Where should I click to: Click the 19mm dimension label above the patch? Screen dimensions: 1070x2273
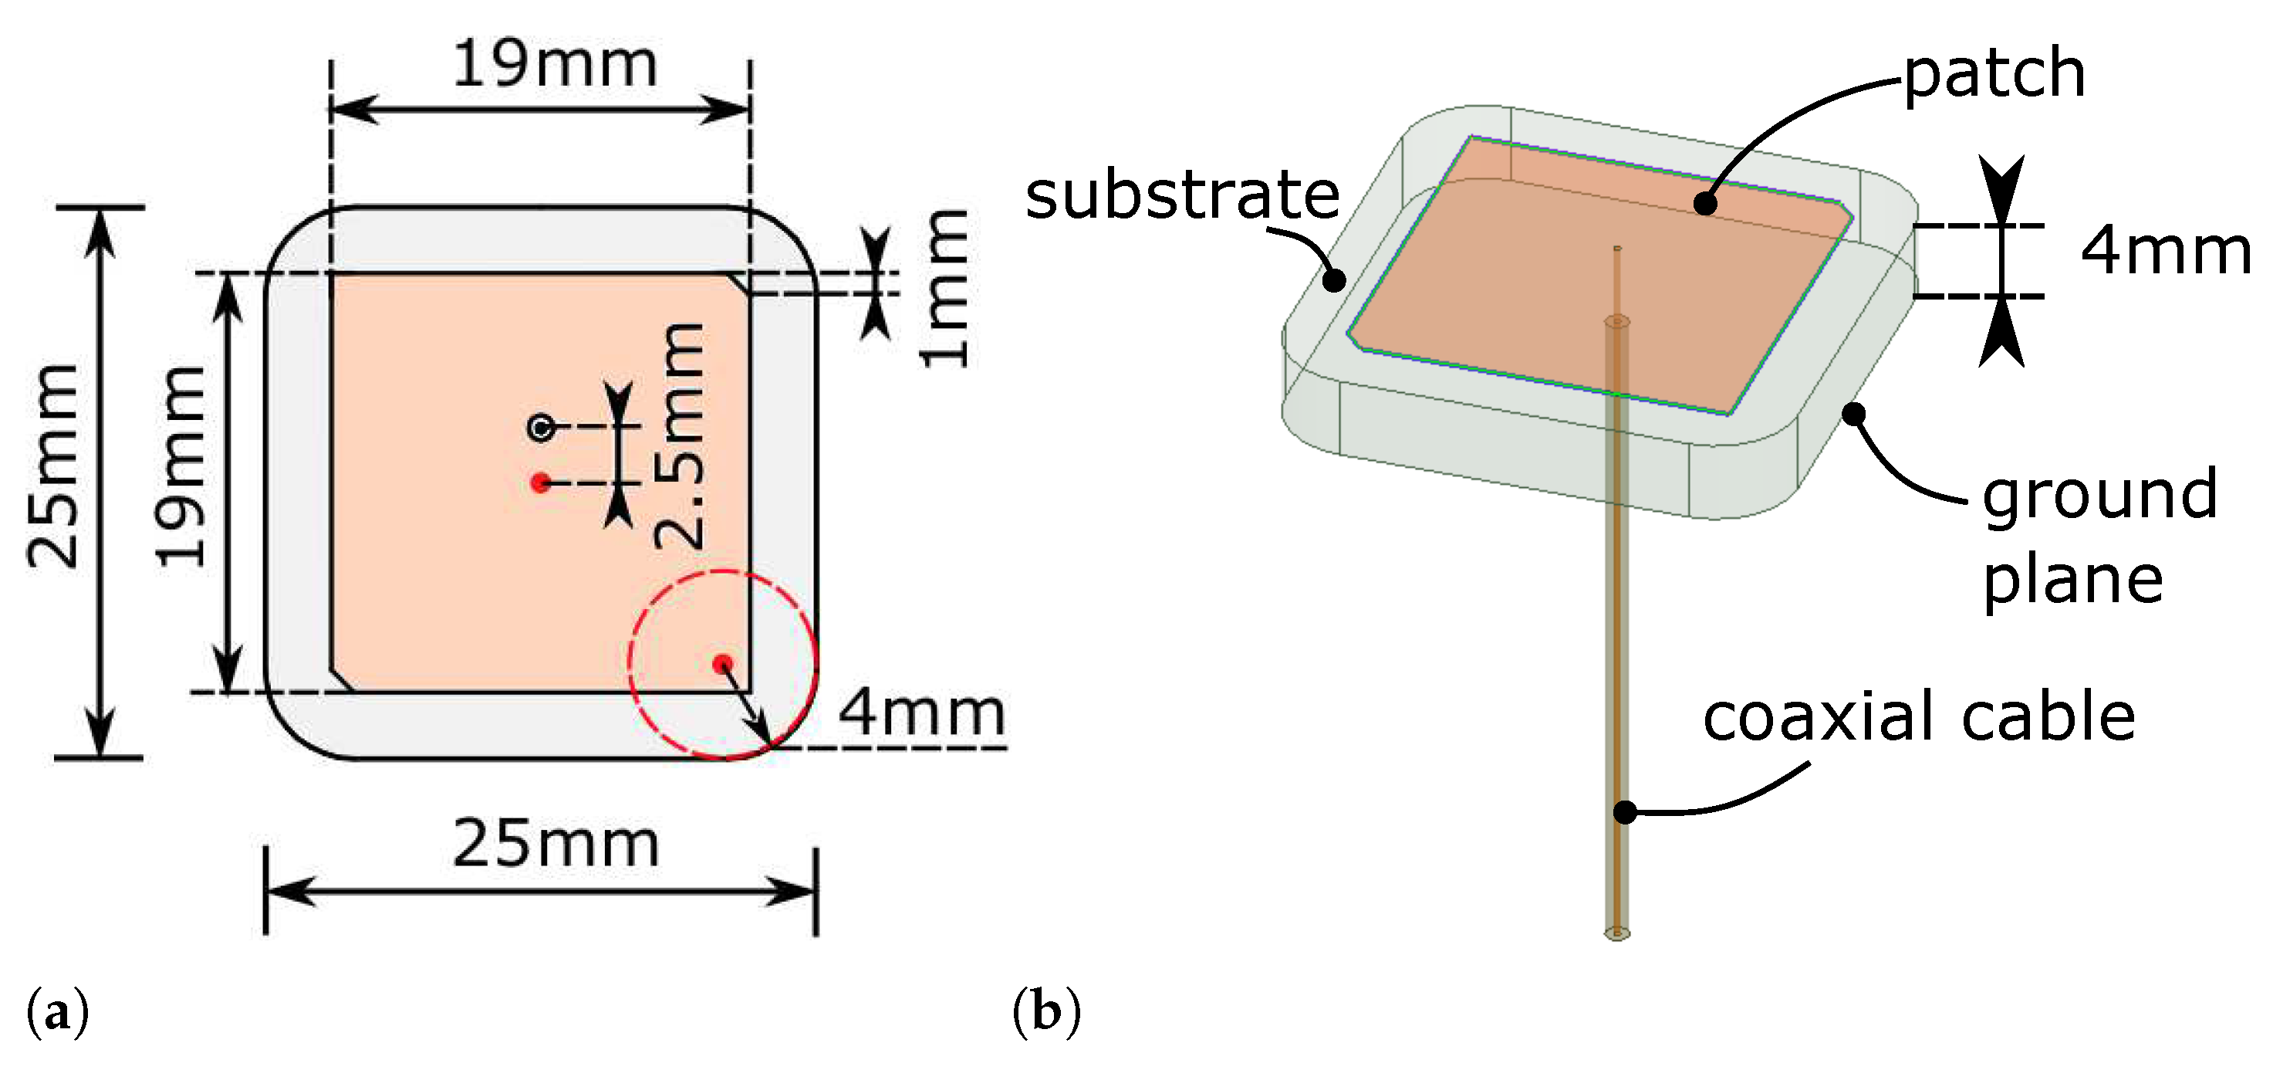pos(555,66)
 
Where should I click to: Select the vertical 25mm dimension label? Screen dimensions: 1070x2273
pos(54,466)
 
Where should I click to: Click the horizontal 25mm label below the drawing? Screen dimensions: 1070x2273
pos(556,845)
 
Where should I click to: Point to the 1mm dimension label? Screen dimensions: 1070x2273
pos(945,289)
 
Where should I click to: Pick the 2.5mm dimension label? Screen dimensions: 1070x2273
pos(681,436)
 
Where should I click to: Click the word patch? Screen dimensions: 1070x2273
pos(1994,74)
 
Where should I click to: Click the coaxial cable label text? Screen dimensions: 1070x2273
pos(1918,717)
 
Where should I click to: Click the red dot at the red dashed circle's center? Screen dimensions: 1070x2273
pos(723,663)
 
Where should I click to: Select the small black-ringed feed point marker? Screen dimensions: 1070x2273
pos(541,428)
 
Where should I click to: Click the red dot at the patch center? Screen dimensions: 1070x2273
pos(541,482)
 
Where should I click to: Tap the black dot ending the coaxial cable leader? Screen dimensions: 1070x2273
pos(1624,811)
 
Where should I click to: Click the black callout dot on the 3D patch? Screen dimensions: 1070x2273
pos(1706,204)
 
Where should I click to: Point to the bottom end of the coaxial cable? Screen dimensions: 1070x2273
pos(1616,933)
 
